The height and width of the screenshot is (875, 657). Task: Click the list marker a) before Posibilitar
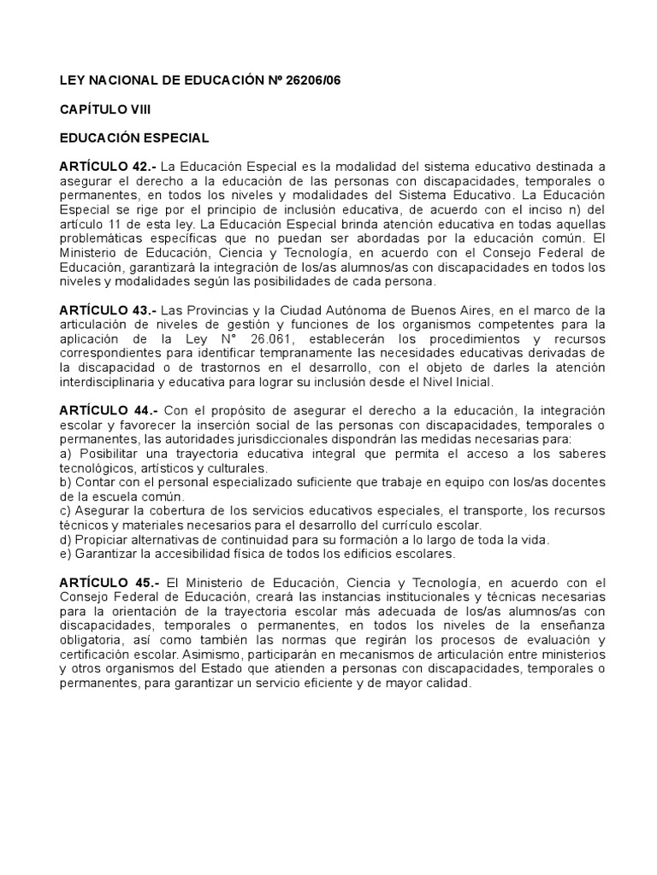click(66, 455)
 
